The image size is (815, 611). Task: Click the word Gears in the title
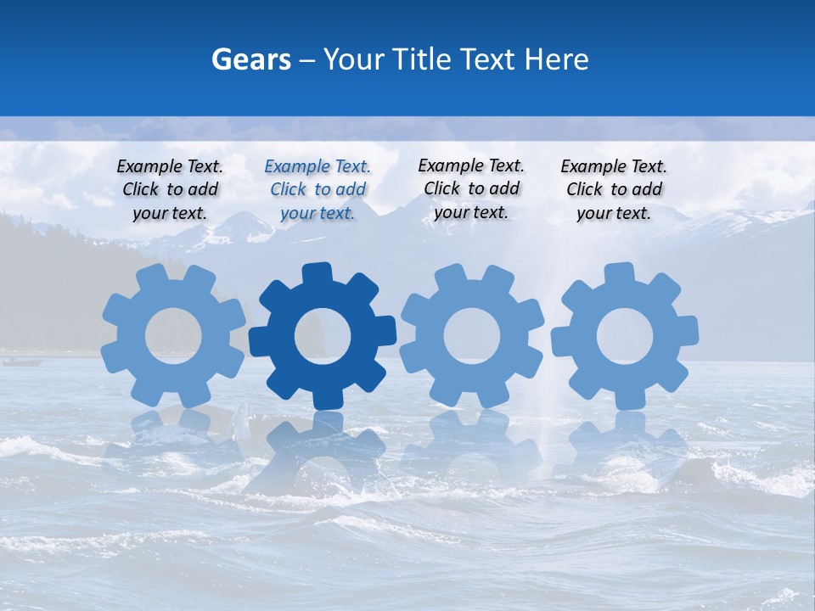(x=250, y=59)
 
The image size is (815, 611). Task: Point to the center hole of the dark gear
(x=323, y=337)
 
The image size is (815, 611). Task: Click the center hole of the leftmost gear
(x=173, y=336)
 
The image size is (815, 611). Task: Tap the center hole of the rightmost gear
(x=625, y=337)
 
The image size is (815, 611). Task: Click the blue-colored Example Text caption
(x=318, y=190)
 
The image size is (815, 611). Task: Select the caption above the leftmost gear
(x=170, y=190)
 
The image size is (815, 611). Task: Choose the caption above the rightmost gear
(x=614, y=190)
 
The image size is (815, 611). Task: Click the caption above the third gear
(x=471, y=188)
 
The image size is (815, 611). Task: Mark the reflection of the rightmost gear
(x=626, y=446)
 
